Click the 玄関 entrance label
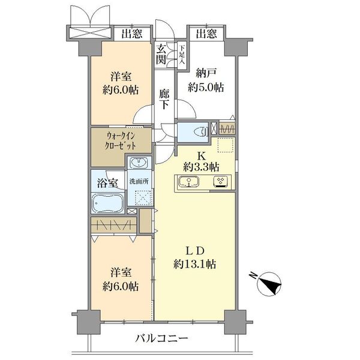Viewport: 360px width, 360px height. click(x=162, y=55)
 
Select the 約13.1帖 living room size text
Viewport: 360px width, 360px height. click(x=196, y=264)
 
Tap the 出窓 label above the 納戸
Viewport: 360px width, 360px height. click(x=206, y=34)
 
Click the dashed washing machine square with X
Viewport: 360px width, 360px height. click(x=143, y=198)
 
